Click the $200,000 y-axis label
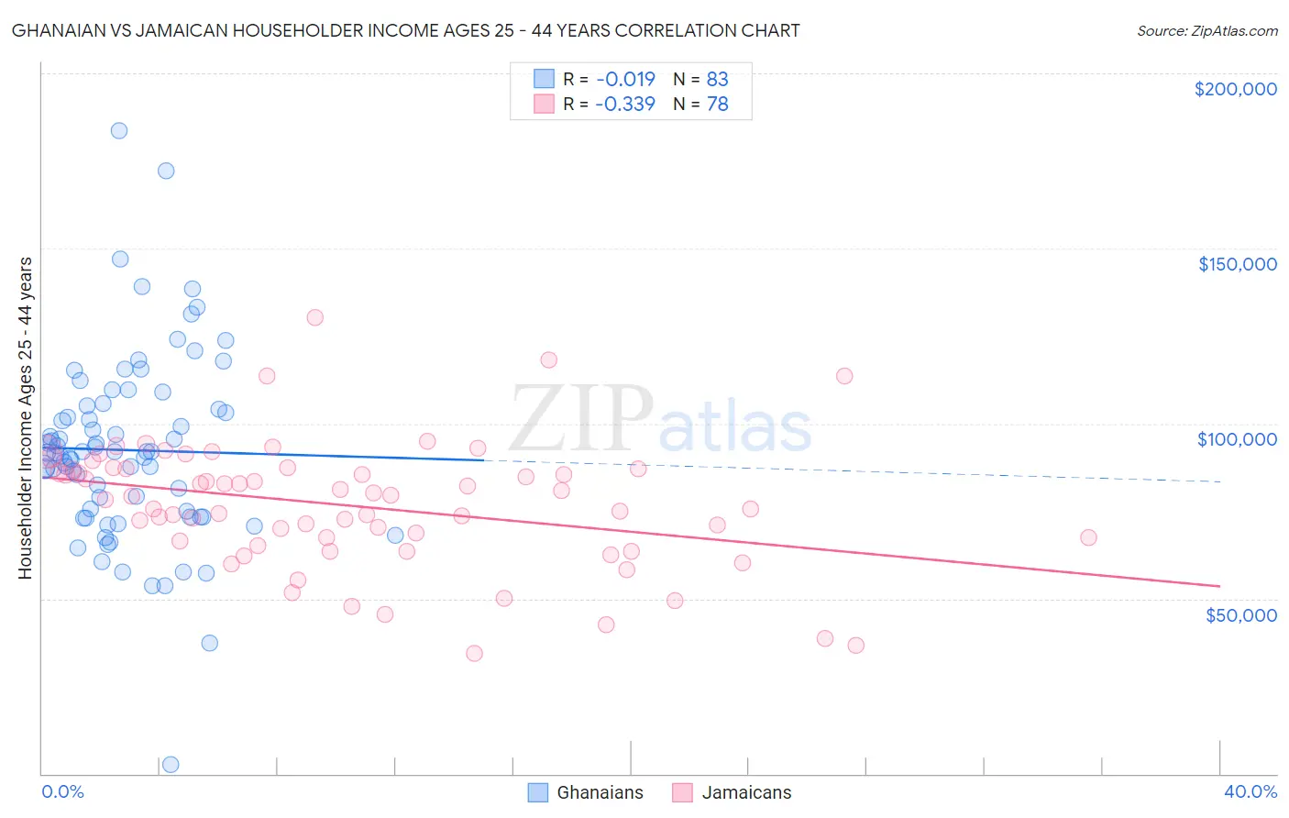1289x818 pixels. click(1235, 89)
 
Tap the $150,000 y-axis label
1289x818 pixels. click(1237, 264)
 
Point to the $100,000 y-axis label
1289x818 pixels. click(1237, 439)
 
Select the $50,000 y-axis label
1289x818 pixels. click(1240, 614)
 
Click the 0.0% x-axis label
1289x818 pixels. click(62, 791)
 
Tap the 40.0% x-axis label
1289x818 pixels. click(1250, 791)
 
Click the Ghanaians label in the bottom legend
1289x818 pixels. click(600, 792)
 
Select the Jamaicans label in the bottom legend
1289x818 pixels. click(746, 792)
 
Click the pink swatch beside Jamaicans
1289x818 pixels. click(682, 792)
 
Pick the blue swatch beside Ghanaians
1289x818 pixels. click(538, 792)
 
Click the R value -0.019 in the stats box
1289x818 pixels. click(624, 79)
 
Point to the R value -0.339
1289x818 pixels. click(624, 104)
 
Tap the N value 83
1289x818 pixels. click(717, 79)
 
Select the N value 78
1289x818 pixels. click(717, 104)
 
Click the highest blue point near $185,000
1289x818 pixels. click(119, 130)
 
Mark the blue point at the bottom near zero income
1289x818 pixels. click(171, 764)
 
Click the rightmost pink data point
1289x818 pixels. click(1088, 537)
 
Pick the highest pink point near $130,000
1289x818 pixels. click(315, 317)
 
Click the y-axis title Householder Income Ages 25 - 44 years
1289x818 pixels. click(26, 418)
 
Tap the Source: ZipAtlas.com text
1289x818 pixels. click(1206, 31)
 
